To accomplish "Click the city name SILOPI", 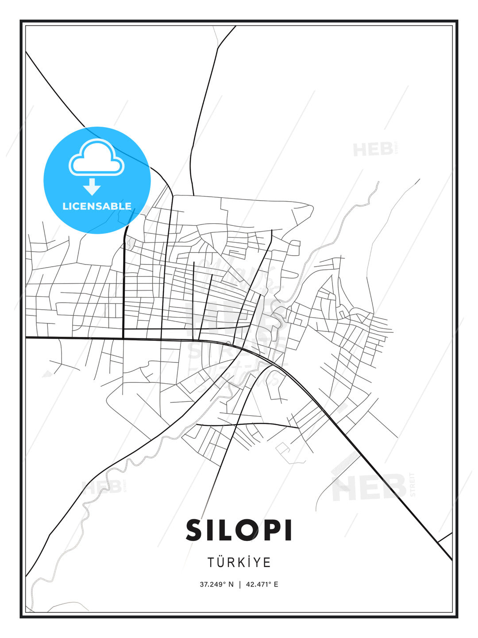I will [239, 530].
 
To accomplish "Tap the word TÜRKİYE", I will [239, 562].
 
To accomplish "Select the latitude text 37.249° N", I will [216, 584].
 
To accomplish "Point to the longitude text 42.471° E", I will [262, 584].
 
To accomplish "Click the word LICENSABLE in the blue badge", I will [97, 206].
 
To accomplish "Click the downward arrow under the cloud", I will [92, 187].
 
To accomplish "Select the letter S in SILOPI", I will [194, 530].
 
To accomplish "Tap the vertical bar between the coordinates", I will [240, 584].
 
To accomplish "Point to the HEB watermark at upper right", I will [373, 149].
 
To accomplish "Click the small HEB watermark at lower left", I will [102, 487].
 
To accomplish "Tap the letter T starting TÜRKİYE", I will [211, 563].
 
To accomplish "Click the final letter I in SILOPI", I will [288, 530].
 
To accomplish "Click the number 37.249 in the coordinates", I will [212, 584].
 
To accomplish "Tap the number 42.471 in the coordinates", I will [257, 584].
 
